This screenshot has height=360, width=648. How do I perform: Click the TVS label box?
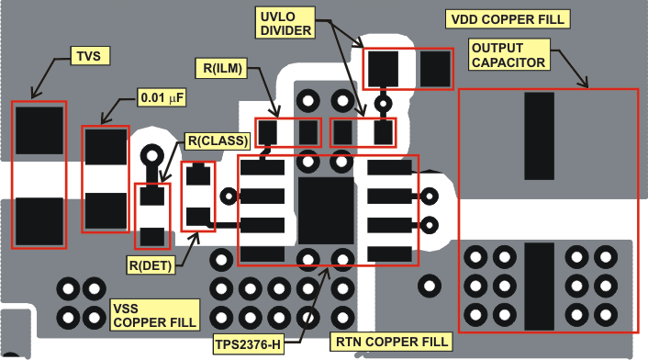[88, 57]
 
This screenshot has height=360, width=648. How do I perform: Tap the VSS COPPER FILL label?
[153, 314]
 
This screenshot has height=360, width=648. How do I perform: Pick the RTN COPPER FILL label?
[392, 342]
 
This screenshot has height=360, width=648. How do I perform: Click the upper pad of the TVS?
[39, 130]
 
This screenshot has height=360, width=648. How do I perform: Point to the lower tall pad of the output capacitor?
[540, 287]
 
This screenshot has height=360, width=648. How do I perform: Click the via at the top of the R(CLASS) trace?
[151, 154]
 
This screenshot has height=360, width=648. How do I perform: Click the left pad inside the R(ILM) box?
[268, 132]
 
